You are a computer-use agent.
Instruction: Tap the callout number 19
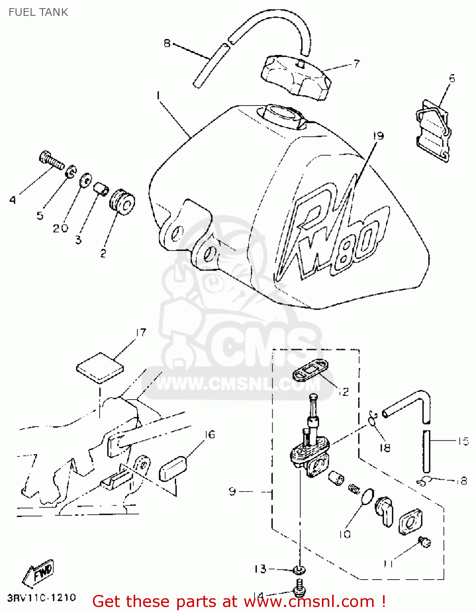(x=379, y=136)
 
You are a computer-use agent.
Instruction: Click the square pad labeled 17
(x=100, y=368)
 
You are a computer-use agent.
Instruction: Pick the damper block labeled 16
(x=172, y=469)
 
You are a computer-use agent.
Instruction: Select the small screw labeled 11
(x=424, y=542)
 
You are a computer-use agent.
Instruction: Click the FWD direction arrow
(x=39, y=573)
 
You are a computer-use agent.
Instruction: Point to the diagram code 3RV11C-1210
(x=42, y=598)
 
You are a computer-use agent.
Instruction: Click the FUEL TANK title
(x=38, y=12)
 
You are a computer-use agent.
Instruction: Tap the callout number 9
(x=232, y=491)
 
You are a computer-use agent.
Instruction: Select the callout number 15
(x=463, y=441)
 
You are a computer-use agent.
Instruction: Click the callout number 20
(x=60, y=229)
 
